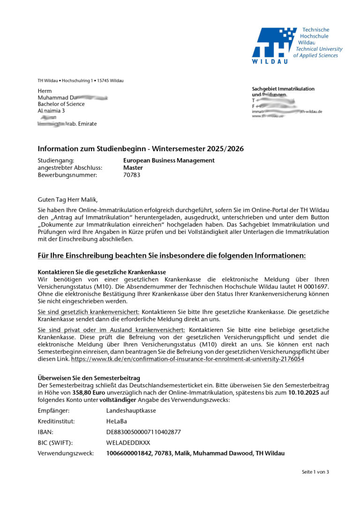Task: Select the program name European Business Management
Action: pyautogui.click(x=169, y=160)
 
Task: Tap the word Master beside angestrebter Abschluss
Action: pyautogui.click(x=133, y=167)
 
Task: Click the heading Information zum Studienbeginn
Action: pyautogui.click(x=141, y=149)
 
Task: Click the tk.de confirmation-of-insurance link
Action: pyautogui.click(x=187, y=358)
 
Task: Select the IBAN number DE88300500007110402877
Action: pyautogui.click(x=143, y=432)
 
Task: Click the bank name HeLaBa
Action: pyautogui.click(x=117, y=421)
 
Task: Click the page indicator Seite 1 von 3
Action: pyautogui.click(x=315, y=472)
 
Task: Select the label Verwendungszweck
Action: pyautogui.click(x=66, y=453)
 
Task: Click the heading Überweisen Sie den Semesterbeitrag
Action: pyautogui.click(x=89, y=378)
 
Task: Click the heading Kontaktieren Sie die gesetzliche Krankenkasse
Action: pyautogui.click(x=102, y=272)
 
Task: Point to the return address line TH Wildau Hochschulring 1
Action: pyautogui.click(x=81, y=81)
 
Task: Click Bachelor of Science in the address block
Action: pyautogui.click(x=61, y=104)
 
